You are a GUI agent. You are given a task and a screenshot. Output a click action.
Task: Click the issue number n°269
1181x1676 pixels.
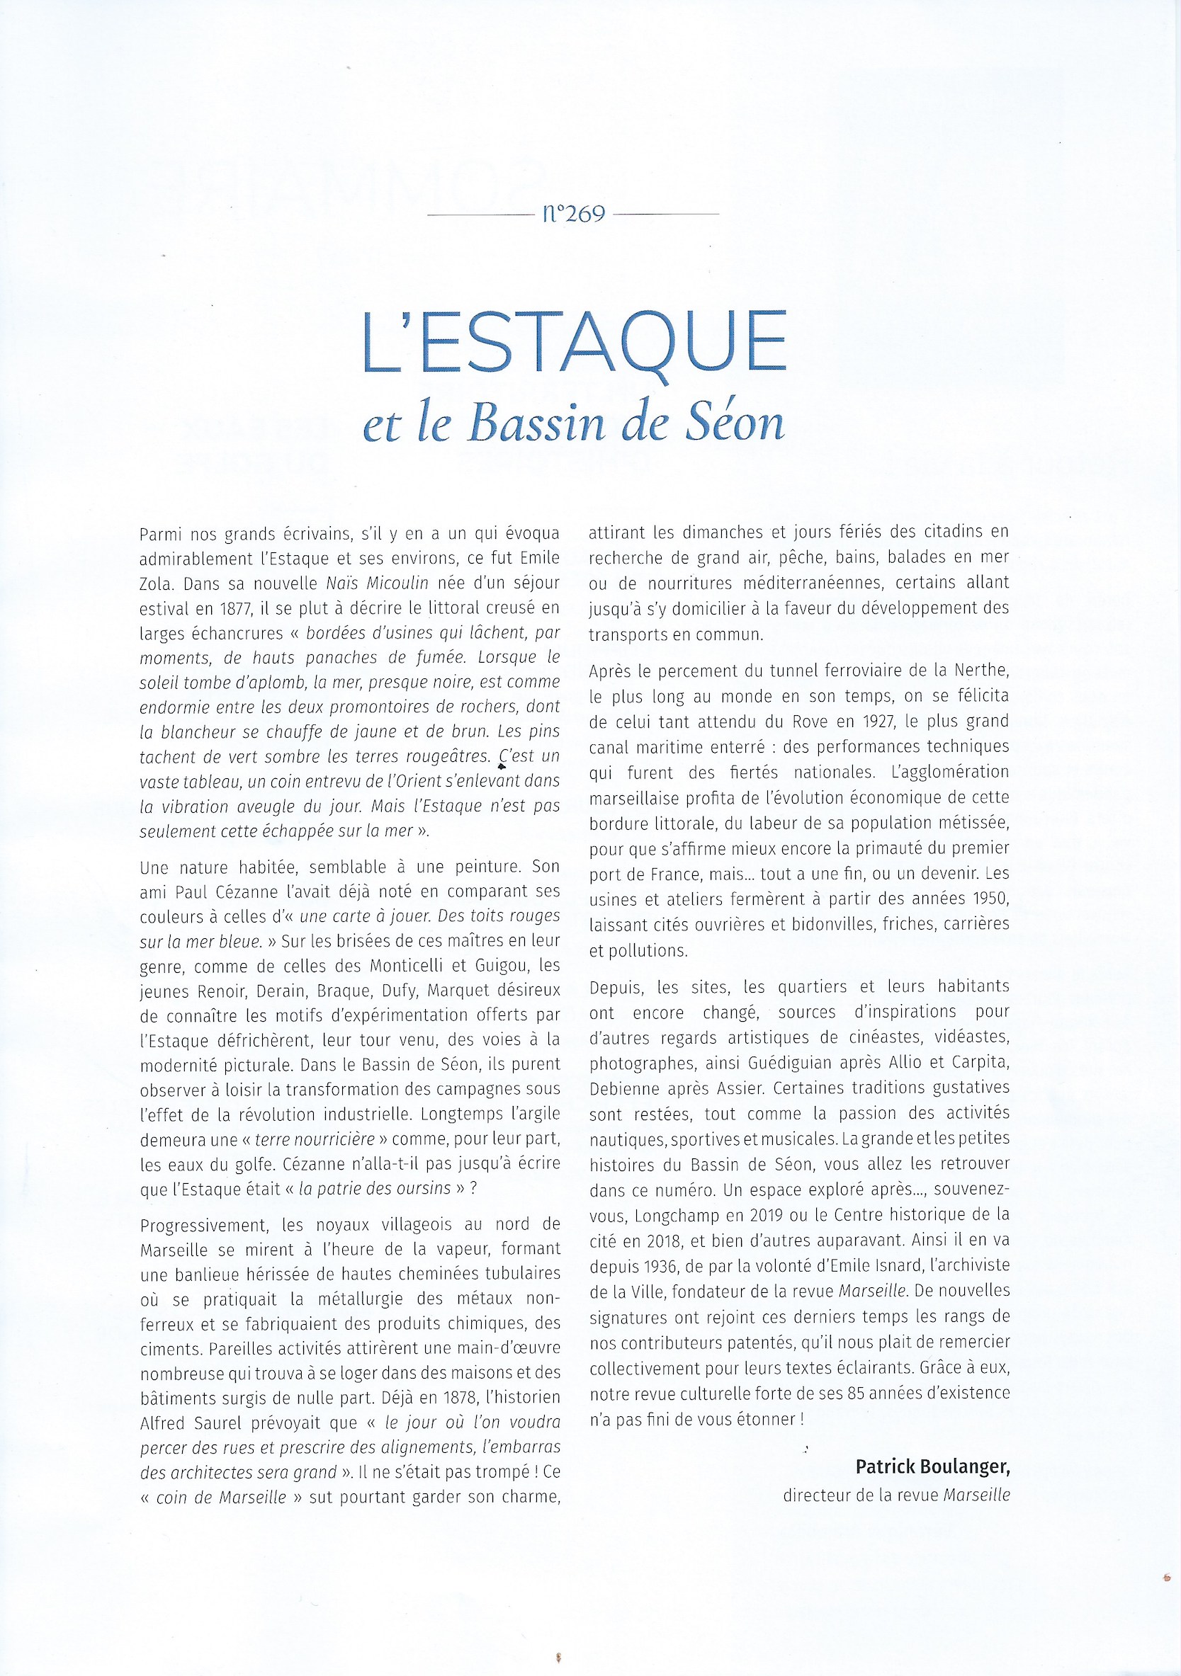point(574,214)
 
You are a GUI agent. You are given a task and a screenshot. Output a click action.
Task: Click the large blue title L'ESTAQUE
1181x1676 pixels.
point(574,343)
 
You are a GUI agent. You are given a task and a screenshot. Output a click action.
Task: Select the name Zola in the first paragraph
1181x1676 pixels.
point(155,584)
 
